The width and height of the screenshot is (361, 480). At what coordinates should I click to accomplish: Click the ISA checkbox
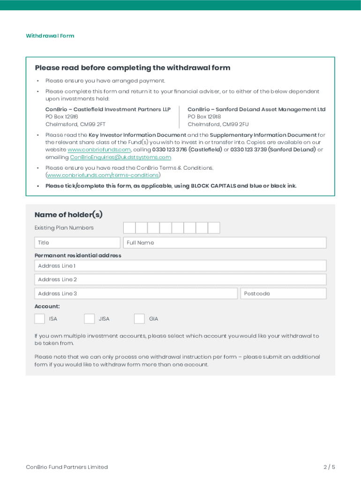[x=40, y=319]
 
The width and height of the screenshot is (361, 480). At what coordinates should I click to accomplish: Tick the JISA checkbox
[x=90, y=319]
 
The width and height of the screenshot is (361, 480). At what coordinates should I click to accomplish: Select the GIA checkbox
[x=139, y=319]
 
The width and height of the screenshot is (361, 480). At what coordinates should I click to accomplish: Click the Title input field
[x=77, y=242]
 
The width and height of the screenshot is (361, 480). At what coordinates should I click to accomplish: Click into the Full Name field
[x=225, y=242]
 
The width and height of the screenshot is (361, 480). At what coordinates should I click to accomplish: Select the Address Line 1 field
[x=180, y=266]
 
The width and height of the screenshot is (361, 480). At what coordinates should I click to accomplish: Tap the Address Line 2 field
[x=180, y=279]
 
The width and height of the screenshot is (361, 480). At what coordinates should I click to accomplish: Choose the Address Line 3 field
[x=136, y=293]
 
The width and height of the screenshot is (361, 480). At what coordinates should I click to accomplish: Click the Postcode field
[x=283, y=293]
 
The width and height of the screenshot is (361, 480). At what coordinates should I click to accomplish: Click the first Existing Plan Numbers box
[x=129, y=228]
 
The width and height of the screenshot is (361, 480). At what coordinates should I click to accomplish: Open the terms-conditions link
[x=103, y=175]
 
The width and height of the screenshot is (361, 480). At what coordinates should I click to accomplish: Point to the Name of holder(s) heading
[x=68, y=215]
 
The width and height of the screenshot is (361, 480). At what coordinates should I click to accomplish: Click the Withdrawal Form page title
[x=50, y=36]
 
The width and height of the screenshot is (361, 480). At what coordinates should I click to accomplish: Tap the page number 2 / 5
[x=329, y=467]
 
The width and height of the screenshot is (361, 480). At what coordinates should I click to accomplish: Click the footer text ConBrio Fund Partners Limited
[x=67, y=467]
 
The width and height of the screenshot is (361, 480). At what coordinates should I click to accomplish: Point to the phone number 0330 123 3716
[x=169, y=150]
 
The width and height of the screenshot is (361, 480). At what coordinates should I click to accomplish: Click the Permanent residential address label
[x=78, y=255]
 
